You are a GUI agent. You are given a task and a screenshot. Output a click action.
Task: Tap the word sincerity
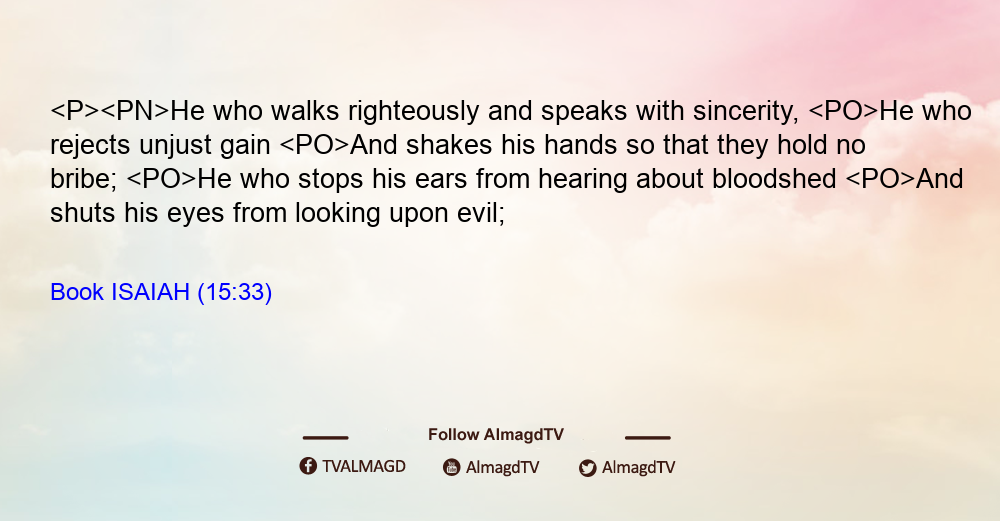[x=746, y=112]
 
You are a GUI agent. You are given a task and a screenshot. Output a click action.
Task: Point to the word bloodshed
[x=774, y=179]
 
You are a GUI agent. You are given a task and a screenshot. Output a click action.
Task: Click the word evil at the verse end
[x=481, y=213]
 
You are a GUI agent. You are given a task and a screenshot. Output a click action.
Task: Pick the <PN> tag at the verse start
[x=135, y=112]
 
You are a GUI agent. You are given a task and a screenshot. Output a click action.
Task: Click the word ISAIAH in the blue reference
[x=151, y=292]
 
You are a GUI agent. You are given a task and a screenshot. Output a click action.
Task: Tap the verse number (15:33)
[x=235, y=293]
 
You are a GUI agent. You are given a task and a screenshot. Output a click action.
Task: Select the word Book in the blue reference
[x=77, y=292]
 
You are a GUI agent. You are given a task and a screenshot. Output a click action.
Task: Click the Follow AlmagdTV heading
[x=496, y=435]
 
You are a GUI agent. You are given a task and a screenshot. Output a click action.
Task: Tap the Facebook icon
[x=308, y=466]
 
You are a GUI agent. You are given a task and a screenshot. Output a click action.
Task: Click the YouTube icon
[x=452, y=467]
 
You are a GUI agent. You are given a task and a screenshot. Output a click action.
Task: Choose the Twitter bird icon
[x=587, y=468]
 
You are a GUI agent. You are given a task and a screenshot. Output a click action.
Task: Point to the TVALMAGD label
[x=364, y=467]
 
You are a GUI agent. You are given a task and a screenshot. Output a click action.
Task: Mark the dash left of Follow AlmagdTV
[x=325, y=437]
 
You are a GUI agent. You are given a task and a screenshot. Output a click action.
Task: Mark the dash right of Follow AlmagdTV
[x=647, y=437]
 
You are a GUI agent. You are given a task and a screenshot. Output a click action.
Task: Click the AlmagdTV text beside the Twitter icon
[x=638, y=468]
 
